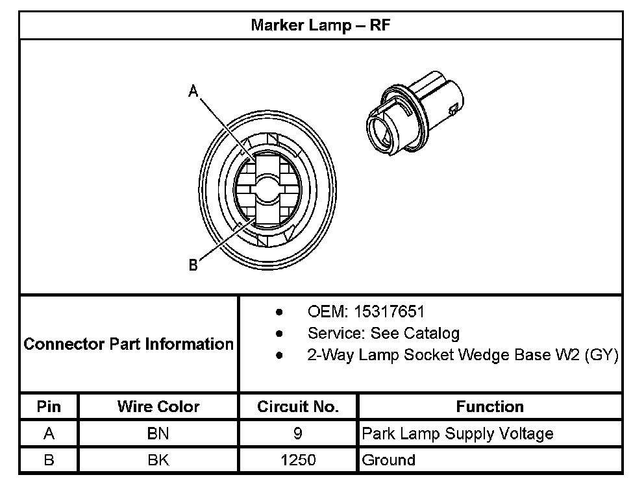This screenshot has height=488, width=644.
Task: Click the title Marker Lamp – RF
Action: point(320,26)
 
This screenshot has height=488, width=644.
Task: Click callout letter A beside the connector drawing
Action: point(193,92)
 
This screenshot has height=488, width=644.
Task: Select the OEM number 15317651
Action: point(389,312)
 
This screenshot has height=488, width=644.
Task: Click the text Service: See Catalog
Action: point(383,334)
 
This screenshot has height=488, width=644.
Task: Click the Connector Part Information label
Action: point(129,344)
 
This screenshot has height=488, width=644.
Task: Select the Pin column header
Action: point(49,407)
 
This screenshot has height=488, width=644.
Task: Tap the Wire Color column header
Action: point(158,407)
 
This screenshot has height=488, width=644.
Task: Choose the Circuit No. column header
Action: point(298,407)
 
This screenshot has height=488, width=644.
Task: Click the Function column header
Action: point(489,407)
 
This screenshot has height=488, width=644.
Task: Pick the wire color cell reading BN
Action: point(158,433)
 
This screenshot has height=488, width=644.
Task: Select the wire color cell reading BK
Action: point(158,460)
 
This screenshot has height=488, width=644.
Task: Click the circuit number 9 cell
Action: point(298,433)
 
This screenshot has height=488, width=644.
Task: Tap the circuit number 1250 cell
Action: point(298,460)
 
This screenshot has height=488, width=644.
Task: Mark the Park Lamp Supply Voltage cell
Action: point(458,433)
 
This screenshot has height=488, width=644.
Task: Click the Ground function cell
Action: point(388,460)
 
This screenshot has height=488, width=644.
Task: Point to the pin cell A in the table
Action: point(49,433)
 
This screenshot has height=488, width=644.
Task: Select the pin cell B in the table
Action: point(49,460)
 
